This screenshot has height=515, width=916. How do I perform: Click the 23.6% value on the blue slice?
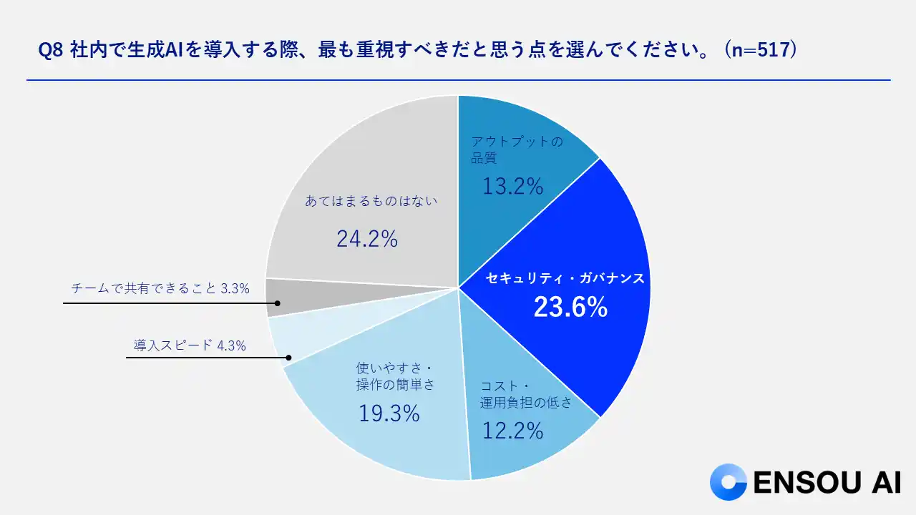pyautogui.click(x=570, y=308)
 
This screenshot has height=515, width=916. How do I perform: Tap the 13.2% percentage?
pyautogui.click(x=512, y=187)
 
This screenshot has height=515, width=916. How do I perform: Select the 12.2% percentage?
pyautogui.click(x=512, y=431)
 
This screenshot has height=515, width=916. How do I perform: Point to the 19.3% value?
pyautogui.click(x=389, y=413)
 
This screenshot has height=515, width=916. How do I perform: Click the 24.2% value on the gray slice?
pyautogui.click(x=367, y=239)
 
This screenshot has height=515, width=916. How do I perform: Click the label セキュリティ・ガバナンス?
pyautogui.click(x=565, y=278)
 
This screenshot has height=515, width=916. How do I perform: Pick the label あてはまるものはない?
pyautogui.click(x=371, y=202)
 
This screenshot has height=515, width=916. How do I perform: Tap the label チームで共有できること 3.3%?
pyautogui.click(x=160, y=289)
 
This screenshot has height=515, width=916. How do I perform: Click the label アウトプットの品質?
pyautogui.click(x=517, y=149)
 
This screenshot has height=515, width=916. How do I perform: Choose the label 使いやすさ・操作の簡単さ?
pyautogui.click(x=395, y=376)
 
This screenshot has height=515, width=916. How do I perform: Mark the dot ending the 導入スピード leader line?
pyautogui.click(x=289, y=358)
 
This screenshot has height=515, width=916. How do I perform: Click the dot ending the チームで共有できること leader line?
pyautogui.click(x=278, y=303)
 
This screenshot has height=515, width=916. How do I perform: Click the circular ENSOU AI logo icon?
pyautogui.click(x=729, y=482)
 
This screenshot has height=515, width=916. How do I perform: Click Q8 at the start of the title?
pyautogui.click(x=50, y=51)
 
